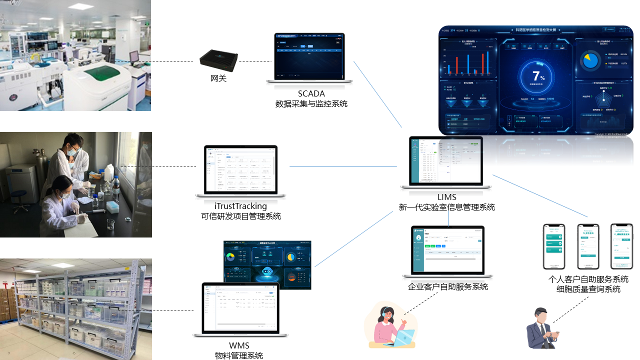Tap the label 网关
pyautogui.click(x=218, y=78)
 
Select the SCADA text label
pyautogui.click(x=311, y=93)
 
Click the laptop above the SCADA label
pyautogui.click(x=309, y=57)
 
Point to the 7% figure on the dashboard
pyautogui.click(x=538, y=76)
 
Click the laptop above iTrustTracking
pyautogui.click(x=240, y=170)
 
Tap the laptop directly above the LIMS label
pyautogui.click(x=446, y=162)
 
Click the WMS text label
pyautogui.click(x=239, y=345)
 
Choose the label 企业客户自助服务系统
pyautogui.click(x=447, y=287)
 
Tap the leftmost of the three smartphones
pyautogui.click(x=553, y=246)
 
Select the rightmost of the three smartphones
pyautogui.click(x=621, y=246)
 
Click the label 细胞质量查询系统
pyautogui.click(x=588, y=289)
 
